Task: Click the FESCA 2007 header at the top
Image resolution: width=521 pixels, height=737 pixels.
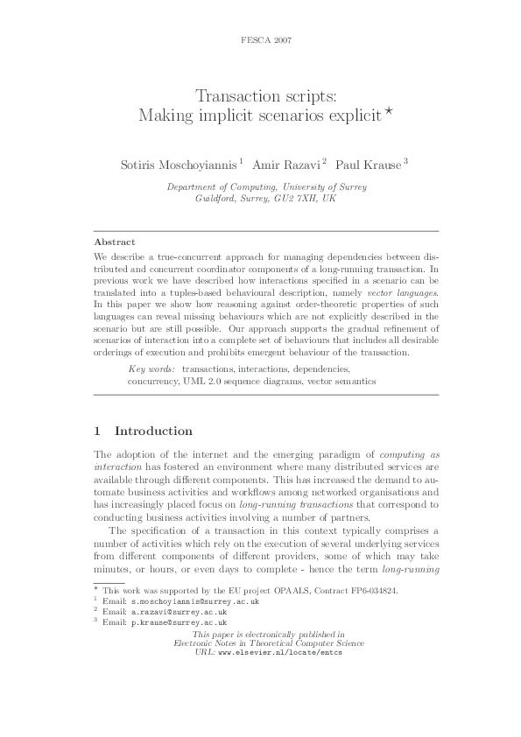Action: tap(260, 41)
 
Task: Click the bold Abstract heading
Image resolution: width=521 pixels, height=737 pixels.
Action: tap(114, 241)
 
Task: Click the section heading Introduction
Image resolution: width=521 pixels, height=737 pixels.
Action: tap(153, 431)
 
